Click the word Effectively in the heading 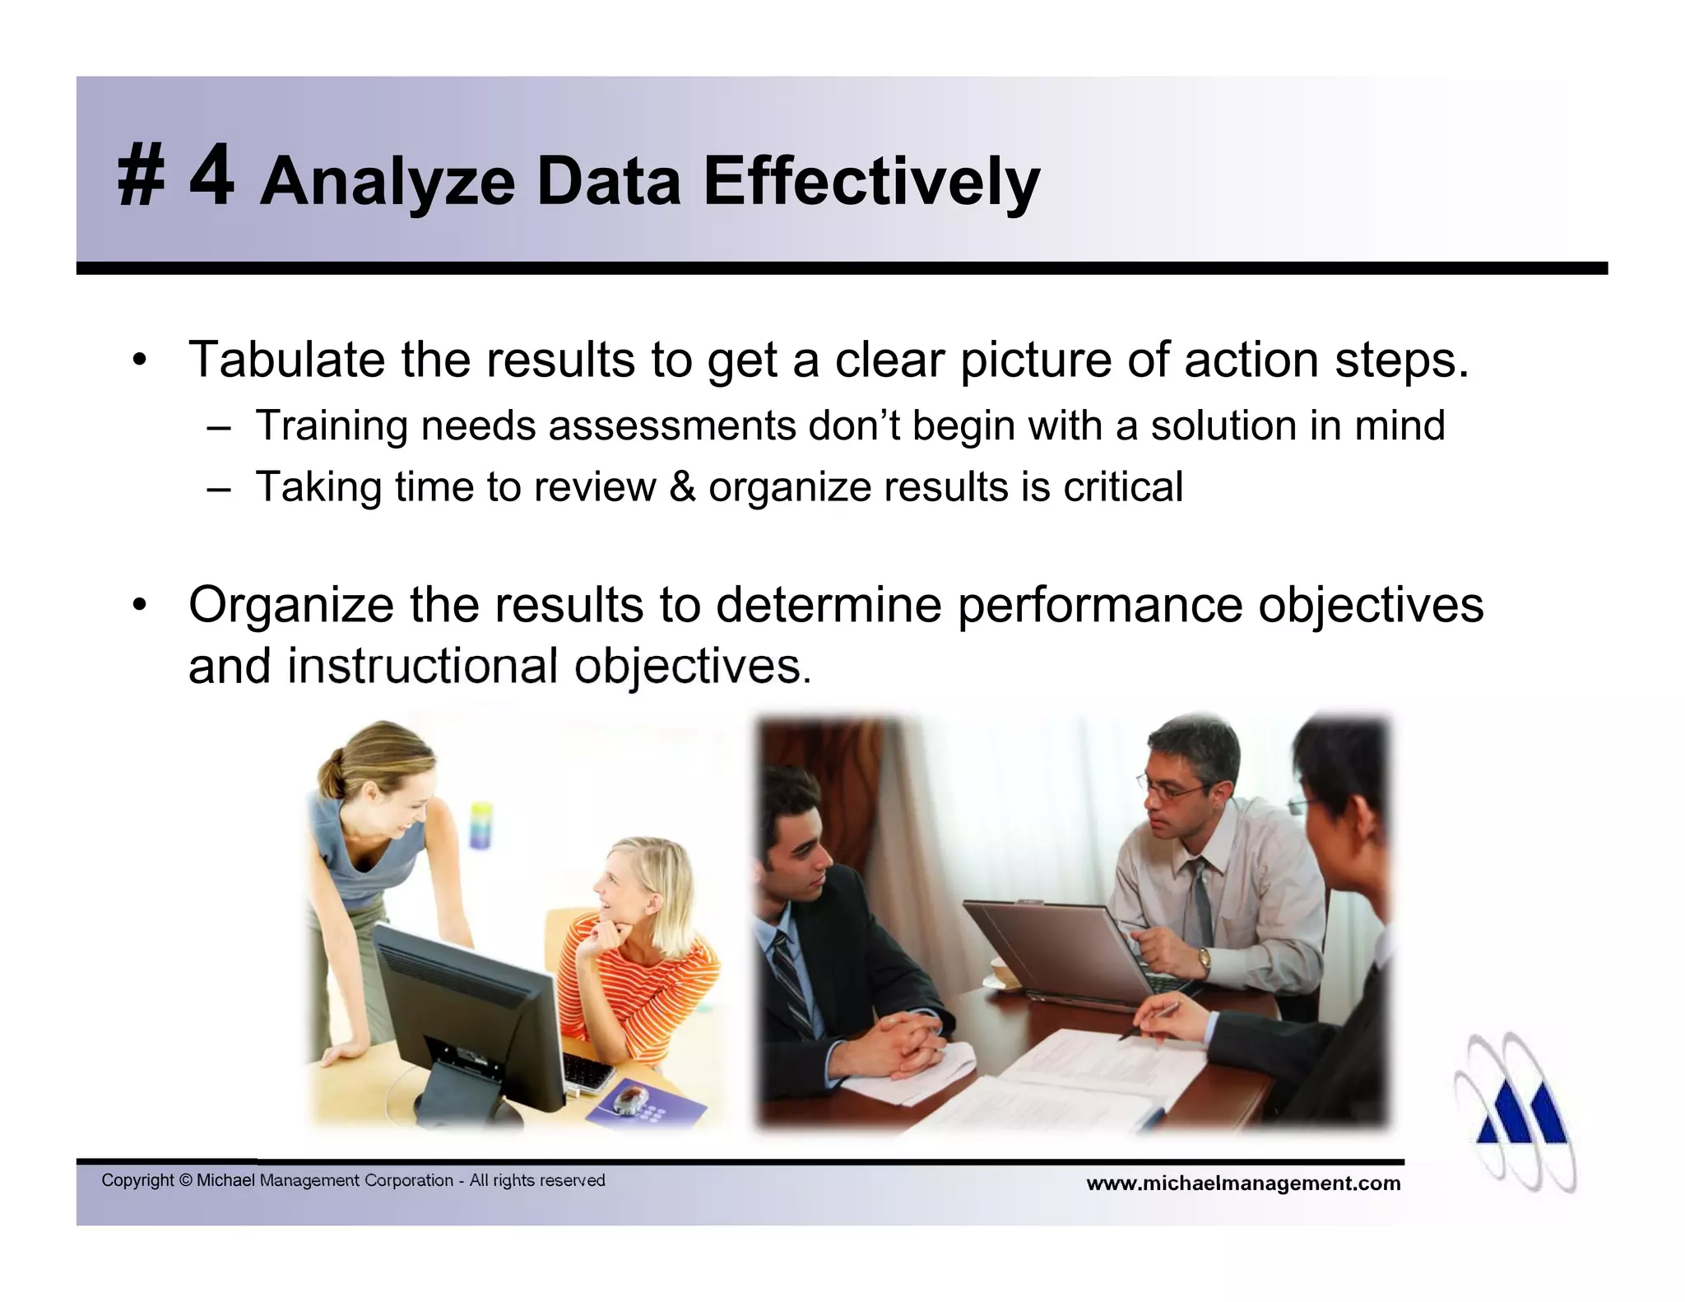[x=871, y=182]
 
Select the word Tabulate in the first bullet [x=287, y=360]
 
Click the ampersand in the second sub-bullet [x=682, y=486]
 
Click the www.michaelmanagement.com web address [x=1243, y=1183]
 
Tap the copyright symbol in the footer [x=185, y=1180]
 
